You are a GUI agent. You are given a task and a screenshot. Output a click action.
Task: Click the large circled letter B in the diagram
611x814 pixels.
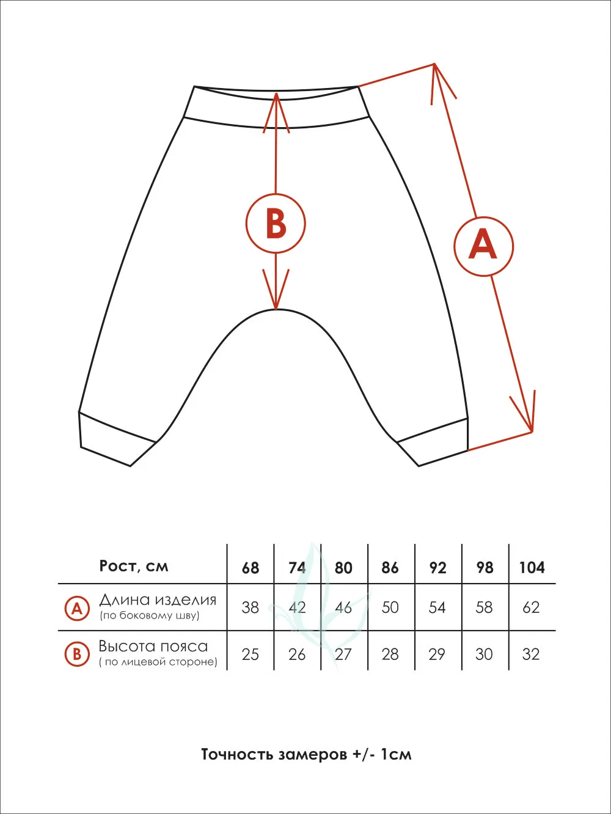(x=276, y=223)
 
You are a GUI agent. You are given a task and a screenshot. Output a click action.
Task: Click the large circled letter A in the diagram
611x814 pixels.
(x=484, y=246)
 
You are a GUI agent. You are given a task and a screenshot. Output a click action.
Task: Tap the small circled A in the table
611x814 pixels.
(x=77, y=609)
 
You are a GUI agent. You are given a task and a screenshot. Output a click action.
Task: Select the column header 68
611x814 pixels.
(x=251, y=568)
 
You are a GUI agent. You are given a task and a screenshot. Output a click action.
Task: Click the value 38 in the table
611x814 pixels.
(x=251, y=608)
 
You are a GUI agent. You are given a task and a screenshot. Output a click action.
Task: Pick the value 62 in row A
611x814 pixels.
(x=531, y=607)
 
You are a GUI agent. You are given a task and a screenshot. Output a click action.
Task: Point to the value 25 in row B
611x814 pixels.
(x=251, y=654)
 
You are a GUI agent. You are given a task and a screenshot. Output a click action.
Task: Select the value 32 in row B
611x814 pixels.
(x=531, y=654)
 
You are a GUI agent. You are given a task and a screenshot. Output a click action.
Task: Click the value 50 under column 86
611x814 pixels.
(x=390, y=607)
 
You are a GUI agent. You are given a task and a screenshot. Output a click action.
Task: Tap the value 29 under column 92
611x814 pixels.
(x=437, y=654)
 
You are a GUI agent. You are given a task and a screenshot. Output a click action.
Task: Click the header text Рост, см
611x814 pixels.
(x=134, y=566)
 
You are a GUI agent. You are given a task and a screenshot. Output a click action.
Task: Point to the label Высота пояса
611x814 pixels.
(x=153, y=647)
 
